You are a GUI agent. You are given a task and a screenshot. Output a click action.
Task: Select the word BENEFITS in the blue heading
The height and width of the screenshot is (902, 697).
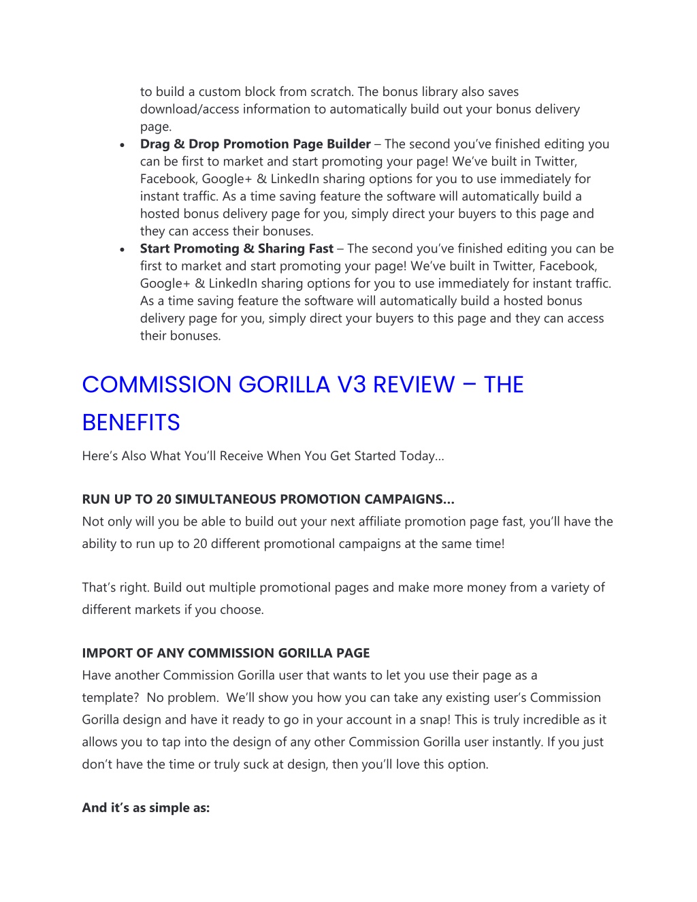(x=131, y=423)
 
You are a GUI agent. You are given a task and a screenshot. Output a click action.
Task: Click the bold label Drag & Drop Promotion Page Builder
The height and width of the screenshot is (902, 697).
(x=255, y=144)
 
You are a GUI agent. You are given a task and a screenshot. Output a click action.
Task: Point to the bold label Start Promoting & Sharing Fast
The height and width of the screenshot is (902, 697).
(x=237, y=248)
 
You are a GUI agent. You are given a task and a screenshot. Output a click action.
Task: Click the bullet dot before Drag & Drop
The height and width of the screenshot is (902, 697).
(x=122, y=145)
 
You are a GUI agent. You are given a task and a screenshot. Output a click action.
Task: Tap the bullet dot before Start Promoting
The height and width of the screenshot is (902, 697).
(x=122, y=250)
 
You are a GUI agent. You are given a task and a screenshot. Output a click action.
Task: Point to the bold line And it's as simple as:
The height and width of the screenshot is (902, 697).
(x=146, y=807)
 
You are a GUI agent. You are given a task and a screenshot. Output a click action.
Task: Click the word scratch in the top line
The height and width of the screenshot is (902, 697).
(x=331, y=91)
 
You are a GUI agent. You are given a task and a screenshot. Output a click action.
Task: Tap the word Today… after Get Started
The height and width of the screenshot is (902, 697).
(x=422, y=455)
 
